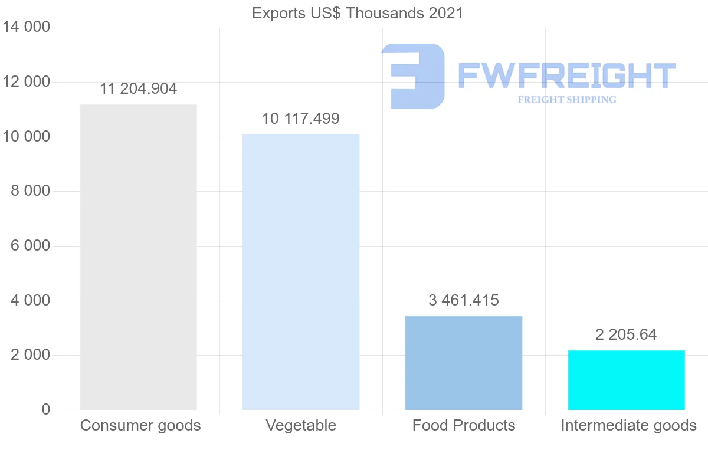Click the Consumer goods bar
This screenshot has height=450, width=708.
click(x=138, y=257)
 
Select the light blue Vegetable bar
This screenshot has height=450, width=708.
click(x=301, y=272)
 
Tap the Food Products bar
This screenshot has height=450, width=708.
click(x=464, y=363)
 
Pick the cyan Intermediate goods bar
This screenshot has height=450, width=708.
click(x=627, y=380)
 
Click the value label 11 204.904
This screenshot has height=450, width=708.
click(x=138, y=89)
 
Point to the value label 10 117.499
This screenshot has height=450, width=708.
click(x=301, y=119)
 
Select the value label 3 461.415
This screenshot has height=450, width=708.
click(x=464, y=300)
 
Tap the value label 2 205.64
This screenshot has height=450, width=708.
click(x=627, y=334)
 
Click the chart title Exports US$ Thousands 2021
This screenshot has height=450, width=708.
click(x=358, y=13)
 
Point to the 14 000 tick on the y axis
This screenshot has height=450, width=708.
click(x=26, y=28)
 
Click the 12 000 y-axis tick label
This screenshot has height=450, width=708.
click(x=26, y=82)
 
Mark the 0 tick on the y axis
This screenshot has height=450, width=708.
click(x=46, y=410)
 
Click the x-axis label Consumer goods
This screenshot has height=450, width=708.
click(x=140, y=425)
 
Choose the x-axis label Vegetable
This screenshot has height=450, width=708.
click(x=301, y=425)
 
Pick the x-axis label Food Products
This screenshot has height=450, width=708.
click(x=464, y=425)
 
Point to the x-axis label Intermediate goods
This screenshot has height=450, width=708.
click(x=629, y=425)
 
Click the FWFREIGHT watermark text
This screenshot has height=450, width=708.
click(x=567, y=75)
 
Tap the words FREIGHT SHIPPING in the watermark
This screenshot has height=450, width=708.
click(x=567, y=100)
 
